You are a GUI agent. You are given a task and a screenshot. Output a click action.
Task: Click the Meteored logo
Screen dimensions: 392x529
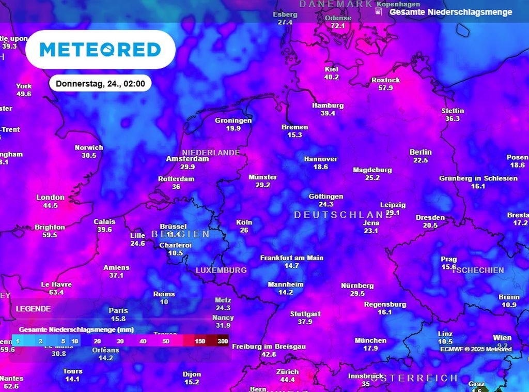(x=100, y=50)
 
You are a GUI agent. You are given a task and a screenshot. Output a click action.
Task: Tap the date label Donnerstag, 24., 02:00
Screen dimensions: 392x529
(x=100, y=83)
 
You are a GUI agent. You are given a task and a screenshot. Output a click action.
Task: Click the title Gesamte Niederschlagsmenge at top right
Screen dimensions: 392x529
(x=450, y=12)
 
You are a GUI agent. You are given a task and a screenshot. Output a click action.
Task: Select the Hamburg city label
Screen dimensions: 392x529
(x=328, y=105)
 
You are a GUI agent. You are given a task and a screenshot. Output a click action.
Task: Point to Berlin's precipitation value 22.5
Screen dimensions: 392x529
(x=421, y=160)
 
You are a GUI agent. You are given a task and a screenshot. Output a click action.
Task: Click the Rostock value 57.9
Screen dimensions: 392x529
(x=385, y=88)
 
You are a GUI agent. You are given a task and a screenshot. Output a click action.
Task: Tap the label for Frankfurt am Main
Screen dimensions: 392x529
(x=291, y=258)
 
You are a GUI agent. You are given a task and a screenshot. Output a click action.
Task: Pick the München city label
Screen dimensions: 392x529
(x=370, y=340)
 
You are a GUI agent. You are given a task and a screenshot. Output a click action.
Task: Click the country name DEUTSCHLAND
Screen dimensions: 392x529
(x=343, y=215)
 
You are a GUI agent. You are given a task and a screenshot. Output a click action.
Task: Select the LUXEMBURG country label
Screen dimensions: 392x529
(x=221, y=270)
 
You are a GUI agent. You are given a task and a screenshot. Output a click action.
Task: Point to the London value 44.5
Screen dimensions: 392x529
(x=50, y=205)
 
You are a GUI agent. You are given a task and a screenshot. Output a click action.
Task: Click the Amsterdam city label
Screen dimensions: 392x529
(x=188, y=159)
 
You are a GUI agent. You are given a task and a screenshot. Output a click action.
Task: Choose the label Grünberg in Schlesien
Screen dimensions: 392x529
(x=478, y=178)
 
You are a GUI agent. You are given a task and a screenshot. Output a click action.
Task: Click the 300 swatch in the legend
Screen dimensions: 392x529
(x=223, y=341)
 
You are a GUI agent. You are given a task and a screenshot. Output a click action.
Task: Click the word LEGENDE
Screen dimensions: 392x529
(x=33, y=309)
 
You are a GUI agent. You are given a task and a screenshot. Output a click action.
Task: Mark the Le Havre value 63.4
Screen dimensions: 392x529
(x=56, y=292)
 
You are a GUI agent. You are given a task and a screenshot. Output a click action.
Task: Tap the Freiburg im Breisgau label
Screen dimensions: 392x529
(x=269, y=346)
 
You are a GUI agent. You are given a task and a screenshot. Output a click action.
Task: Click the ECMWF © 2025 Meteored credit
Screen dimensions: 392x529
(x=476, y=349)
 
